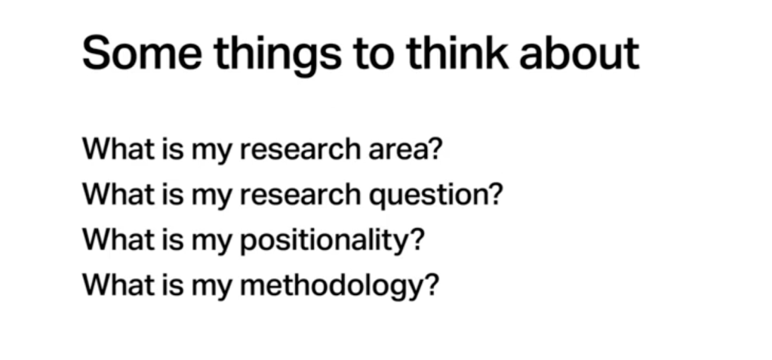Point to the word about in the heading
(x=580, y=53)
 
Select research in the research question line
(x=300, y=194)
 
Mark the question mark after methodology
(x=431, y=285)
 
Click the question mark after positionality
(x=417, y=238)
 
